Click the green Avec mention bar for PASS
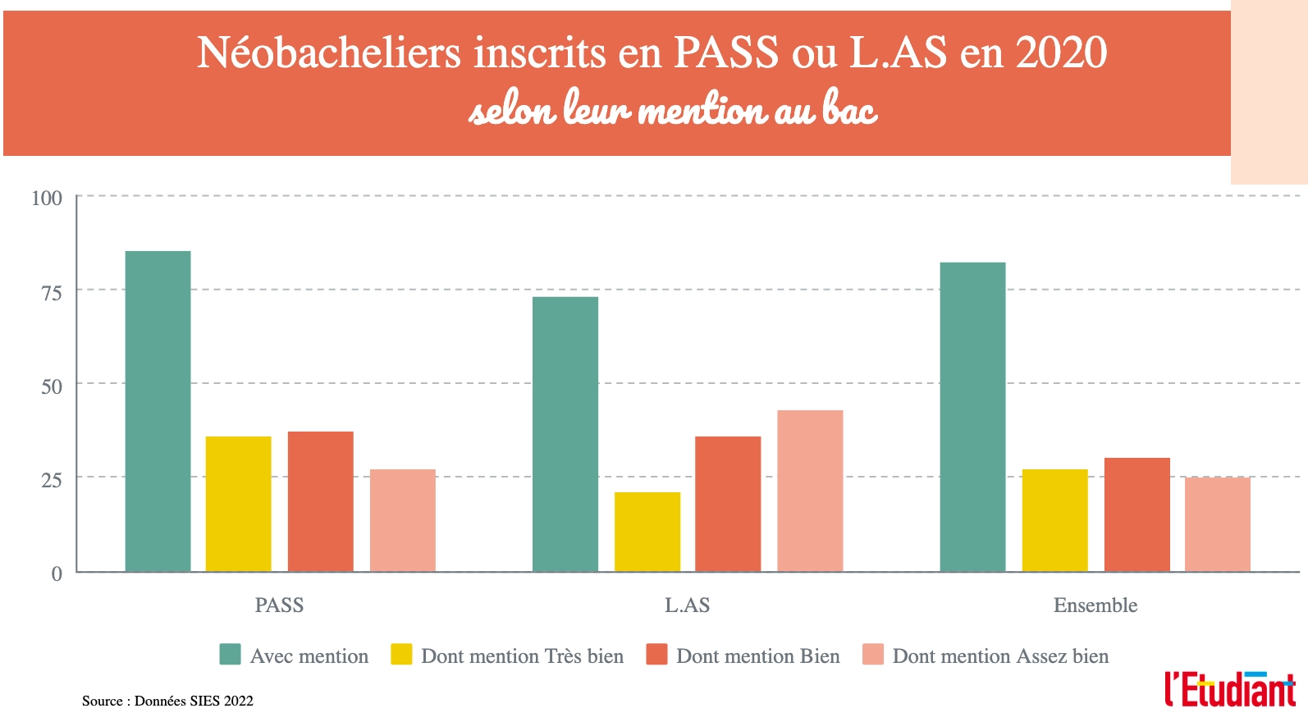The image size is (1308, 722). (158, 411)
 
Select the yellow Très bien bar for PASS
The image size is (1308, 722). (238, 504)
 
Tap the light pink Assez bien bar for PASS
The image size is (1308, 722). (402, 520)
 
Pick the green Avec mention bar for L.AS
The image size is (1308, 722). (565, 434)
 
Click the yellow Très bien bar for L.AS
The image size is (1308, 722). (647, 532)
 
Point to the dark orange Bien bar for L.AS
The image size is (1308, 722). (727, 504)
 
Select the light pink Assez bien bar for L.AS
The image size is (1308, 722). (809, 491)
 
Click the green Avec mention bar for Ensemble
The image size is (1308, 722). (972, 417)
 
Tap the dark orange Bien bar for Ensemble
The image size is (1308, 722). (1136, 514)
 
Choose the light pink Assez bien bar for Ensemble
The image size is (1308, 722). (1217, 524)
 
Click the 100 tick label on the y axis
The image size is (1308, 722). (47, 198)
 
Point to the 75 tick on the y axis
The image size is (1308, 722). (51, 292)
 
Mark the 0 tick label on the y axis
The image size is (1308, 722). (57, 573)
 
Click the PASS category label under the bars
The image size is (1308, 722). (279, 605)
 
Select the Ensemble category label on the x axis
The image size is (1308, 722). (1095, 605)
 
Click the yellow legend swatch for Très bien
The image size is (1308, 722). (401, 655)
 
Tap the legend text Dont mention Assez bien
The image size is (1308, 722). (1000, 656)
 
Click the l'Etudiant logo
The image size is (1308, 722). (1229, 689)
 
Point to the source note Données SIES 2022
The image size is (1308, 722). (167, 701)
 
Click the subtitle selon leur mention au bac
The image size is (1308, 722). (673, 110)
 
